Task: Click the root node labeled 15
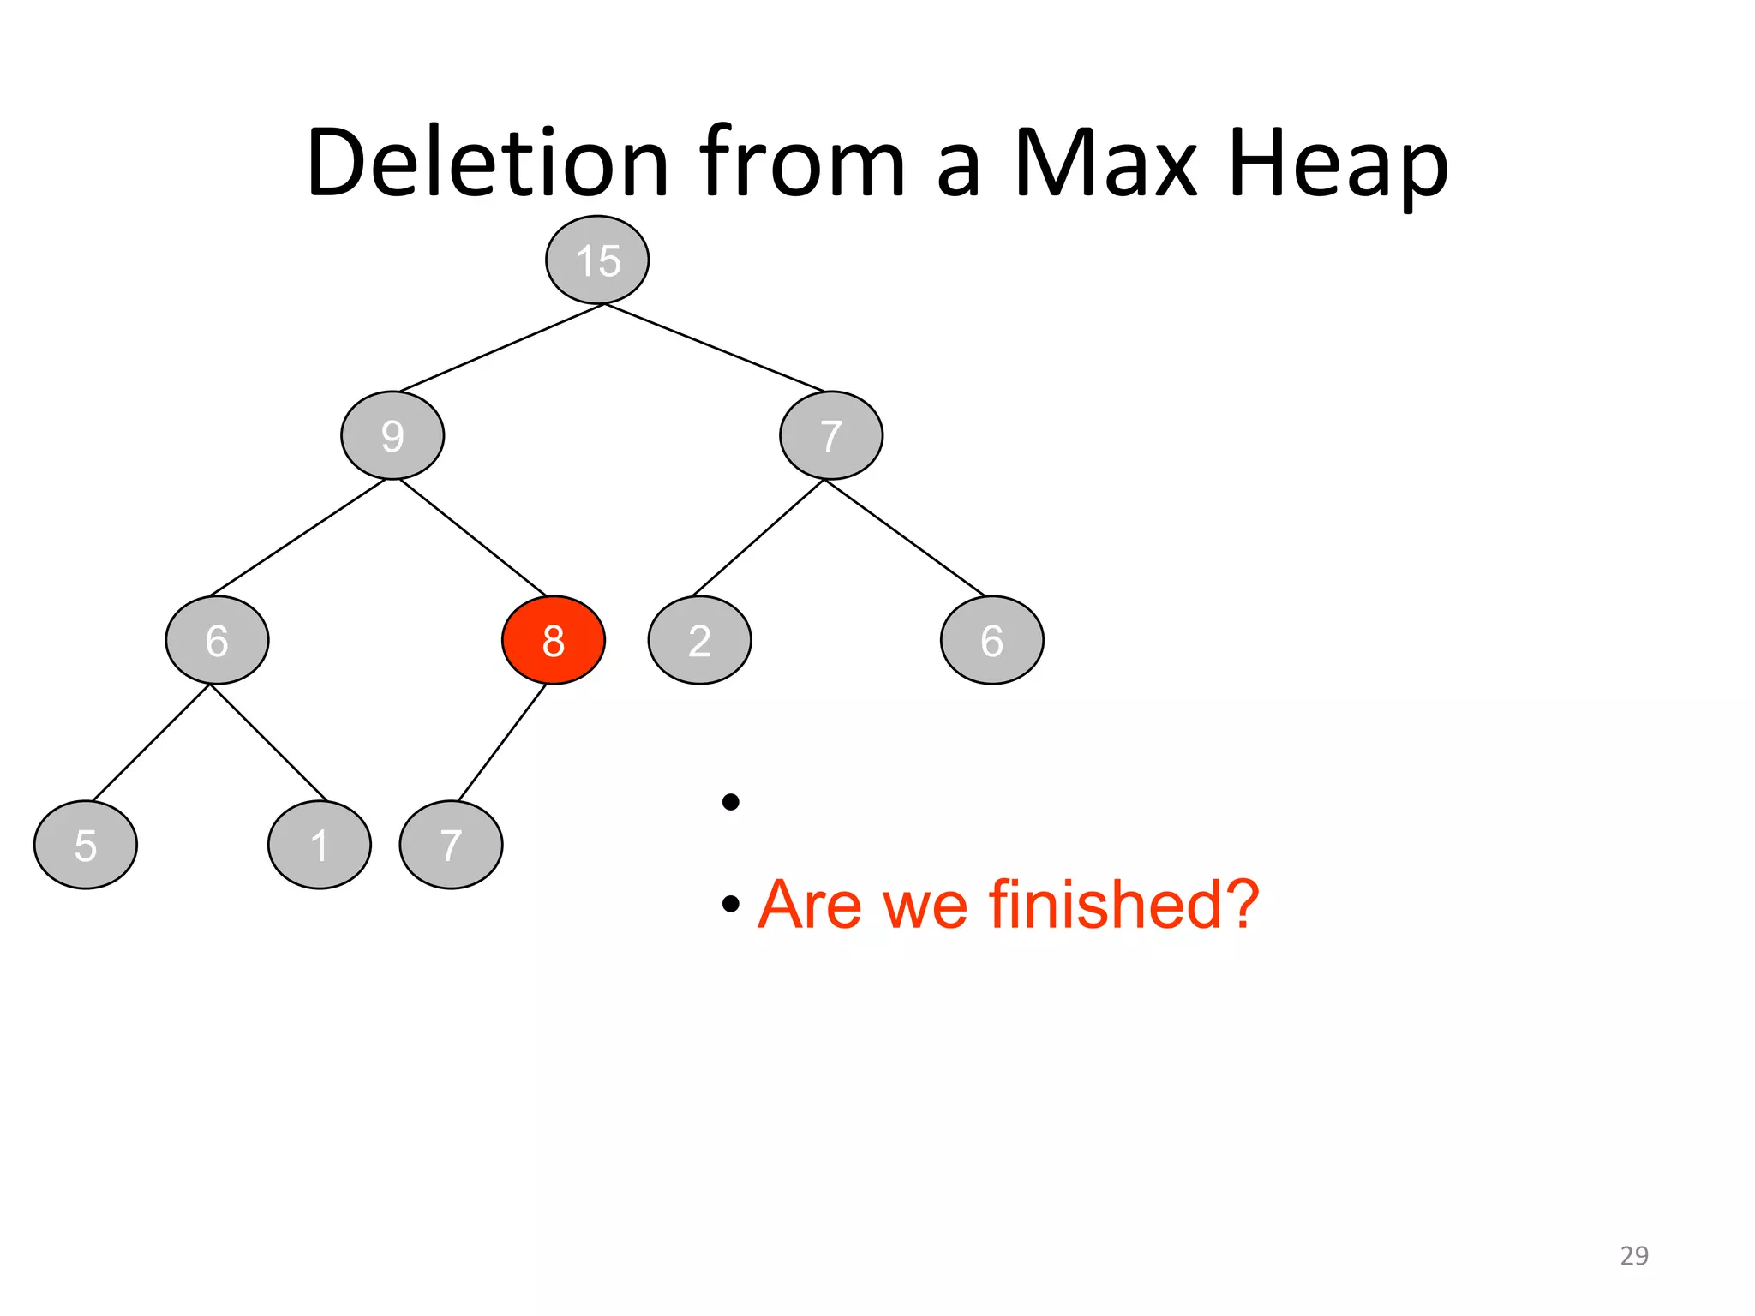click(x=597, y=260)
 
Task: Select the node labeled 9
click(x=392, y=435)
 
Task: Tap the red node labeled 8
click(x=554, y=640)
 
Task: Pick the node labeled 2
click(x=699, y=640)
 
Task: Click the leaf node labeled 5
click(x=85, y=845)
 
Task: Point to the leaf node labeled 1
click(x=319, y=845)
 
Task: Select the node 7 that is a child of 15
click(x=830, y=435)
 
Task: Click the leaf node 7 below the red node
click(x=451, y=845)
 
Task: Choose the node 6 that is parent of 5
click(x=217, y=640)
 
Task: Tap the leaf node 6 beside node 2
click(x=991, y=640)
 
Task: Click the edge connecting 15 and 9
click(x=501, y=348)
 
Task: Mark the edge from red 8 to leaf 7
click(x=502, y=742)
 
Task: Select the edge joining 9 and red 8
click(x=473, y=537)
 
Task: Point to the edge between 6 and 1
click(x=268, y=742)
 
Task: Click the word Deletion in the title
click(x=487, y=163)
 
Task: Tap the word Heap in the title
click(x=1338, y=163)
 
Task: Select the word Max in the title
click(x=1105, y=163)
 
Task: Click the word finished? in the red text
click(x=1123, y=904)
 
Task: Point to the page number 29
click(x=1633, y=1255)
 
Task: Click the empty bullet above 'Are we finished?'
click(x=730, y=802)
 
